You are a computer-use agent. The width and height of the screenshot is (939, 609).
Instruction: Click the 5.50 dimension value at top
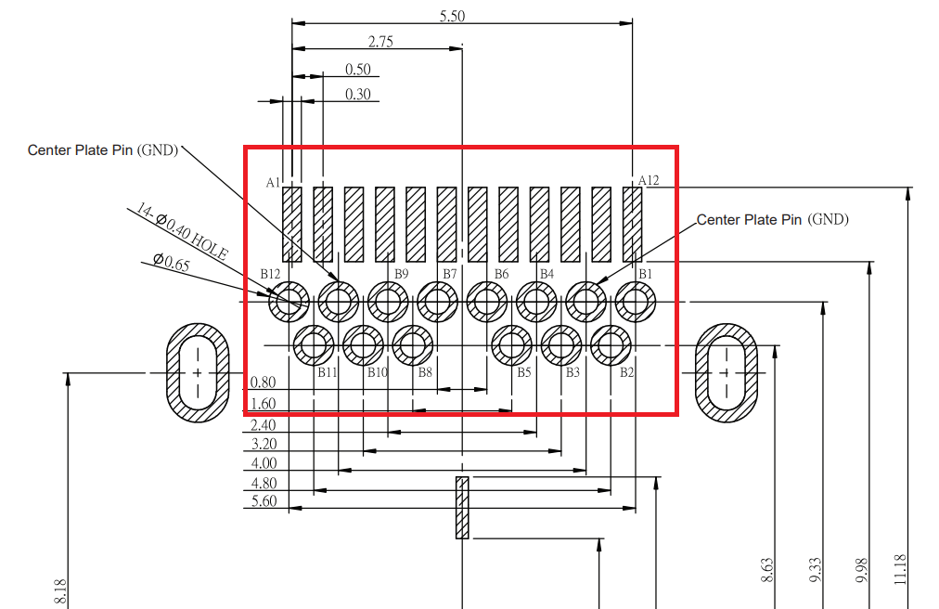pyautogui.click(x=452, y=17)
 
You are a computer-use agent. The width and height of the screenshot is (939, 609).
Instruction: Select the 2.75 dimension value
pyautogui.click(x=380, y=41)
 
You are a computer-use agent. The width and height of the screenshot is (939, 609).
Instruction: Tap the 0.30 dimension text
pyautogui.click(x=357, y=94)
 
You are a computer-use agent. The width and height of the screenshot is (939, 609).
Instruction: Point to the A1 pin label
pyautogui.click(x=273, y=183)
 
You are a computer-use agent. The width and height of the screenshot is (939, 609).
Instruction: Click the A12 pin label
pyautogui.click(x=649, y=180)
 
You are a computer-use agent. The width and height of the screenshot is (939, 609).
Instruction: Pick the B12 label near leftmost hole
pyautogui.click(x=270, y=274)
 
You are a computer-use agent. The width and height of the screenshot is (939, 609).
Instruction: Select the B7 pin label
pyautogui.click(x=450, y=274)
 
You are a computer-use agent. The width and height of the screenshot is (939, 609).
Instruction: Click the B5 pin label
pyautogui.click(x=524, y=372)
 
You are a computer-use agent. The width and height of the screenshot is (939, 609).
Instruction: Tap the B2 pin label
pyautogui.click(x=627, y=372)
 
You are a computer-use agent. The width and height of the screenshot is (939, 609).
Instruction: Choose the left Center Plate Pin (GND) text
pyautogui.click(x=102, y=149)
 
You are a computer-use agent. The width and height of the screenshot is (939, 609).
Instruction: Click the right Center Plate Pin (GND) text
pyautogui.click(x=772, y=220)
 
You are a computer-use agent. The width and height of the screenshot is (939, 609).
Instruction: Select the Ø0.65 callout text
pyautogui.click(x=171, y=265)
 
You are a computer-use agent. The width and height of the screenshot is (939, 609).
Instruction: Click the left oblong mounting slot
pyautogui.click(x=198, y=372)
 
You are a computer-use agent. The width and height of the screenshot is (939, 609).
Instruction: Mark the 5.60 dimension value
pyautogui.click(x=264, y=501)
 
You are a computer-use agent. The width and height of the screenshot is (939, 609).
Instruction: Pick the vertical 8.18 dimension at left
pyautogui.click(x=61, y=592)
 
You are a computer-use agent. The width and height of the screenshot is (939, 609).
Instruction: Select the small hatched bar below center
pyautogui.click(x=461, y=507)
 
